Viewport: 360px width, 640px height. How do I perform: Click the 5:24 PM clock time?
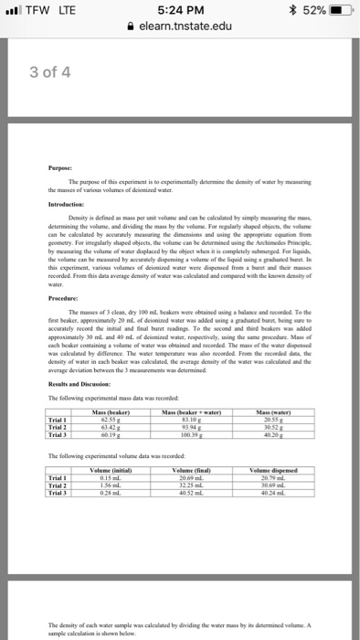pos(179,12)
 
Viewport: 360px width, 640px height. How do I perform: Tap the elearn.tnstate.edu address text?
pos(185,29)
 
